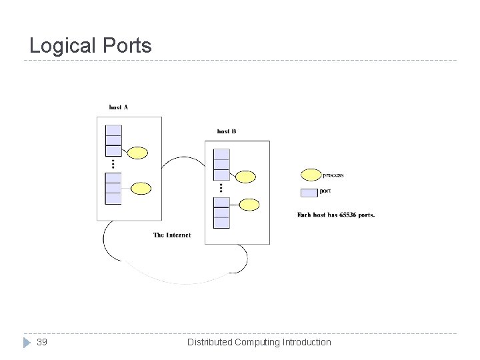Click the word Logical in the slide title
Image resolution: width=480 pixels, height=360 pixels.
coord(62,46)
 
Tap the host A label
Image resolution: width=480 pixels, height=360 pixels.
coord(119,107)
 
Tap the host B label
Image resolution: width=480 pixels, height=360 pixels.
coord(227,131)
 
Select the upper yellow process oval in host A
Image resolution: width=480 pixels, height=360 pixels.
coord(137,153)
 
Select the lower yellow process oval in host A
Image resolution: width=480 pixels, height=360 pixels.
coord(141,188)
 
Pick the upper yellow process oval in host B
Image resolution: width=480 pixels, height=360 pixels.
coord(245,177)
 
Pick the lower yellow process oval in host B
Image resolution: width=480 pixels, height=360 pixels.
coord(249,204)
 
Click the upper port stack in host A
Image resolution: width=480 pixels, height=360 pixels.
coord(113,140)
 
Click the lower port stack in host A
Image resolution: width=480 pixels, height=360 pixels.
coord(113,188)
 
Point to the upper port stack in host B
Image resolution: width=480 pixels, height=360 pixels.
coord(221,164)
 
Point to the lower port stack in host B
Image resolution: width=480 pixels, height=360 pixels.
coord(221,212)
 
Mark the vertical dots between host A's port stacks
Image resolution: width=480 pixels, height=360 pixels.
coord(113,164)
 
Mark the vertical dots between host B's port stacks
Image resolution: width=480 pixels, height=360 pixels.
coord(221,188)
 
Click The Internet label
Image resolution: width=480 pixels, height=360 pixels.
coord(172,235)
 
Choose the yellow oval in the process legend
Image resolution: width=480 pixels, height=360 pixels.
coord(311,175)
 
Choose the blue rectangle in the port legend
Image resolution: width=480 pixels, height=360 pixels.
coord(309,192)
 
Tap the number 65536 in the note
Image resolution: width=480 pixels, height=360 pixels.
coord(341,215)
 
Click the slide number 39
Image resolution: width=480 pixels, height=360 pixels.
coord(41,342)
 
